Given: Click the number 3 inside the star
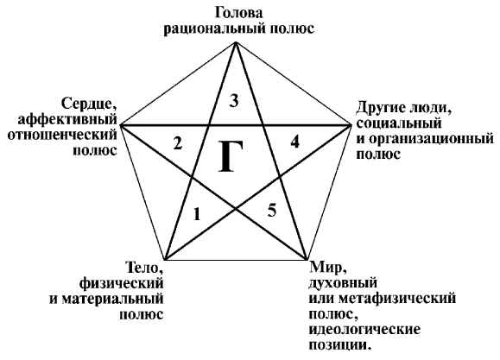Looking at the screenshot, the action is tap(234, 101).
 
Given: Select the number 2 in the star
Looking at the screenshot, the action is tap(178, 142).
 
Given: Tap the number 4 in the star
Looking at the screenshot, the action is tap(294, 142).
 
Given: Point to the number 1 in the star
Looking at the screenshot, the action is tap(197, 213).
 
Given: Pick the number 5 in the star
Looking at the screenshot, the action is tap(272, 211).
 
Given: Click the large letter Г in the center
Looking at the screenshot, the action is tap(231, 156).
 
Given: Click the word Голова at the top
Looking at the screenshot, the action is tap(239, 14).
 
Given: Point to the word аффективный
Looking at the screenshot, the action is tap(67, 119).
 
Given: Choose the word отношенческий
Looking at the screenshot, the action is tap(62, 134).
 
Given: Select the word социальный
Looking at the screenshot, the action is tap(399, 123).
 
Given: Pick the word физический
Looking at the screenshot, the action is tap(122, 283).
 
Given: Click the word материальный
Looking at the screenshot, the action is tap(112, 299).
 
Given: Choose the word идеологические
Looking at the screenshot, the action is tap(364, 330).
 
